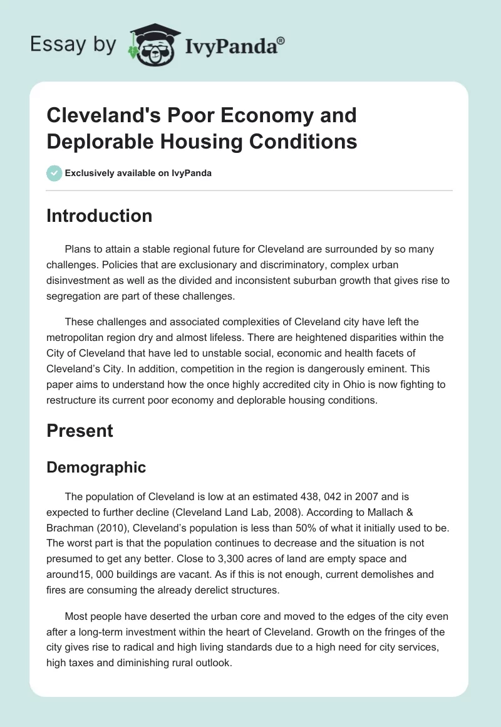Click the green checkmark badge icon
(x=54, y=173)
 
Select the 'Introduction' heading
(x=100, y=216)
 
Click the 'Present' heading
(x=80, y=431)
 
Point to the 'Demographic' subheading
(x=96, y=467)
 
